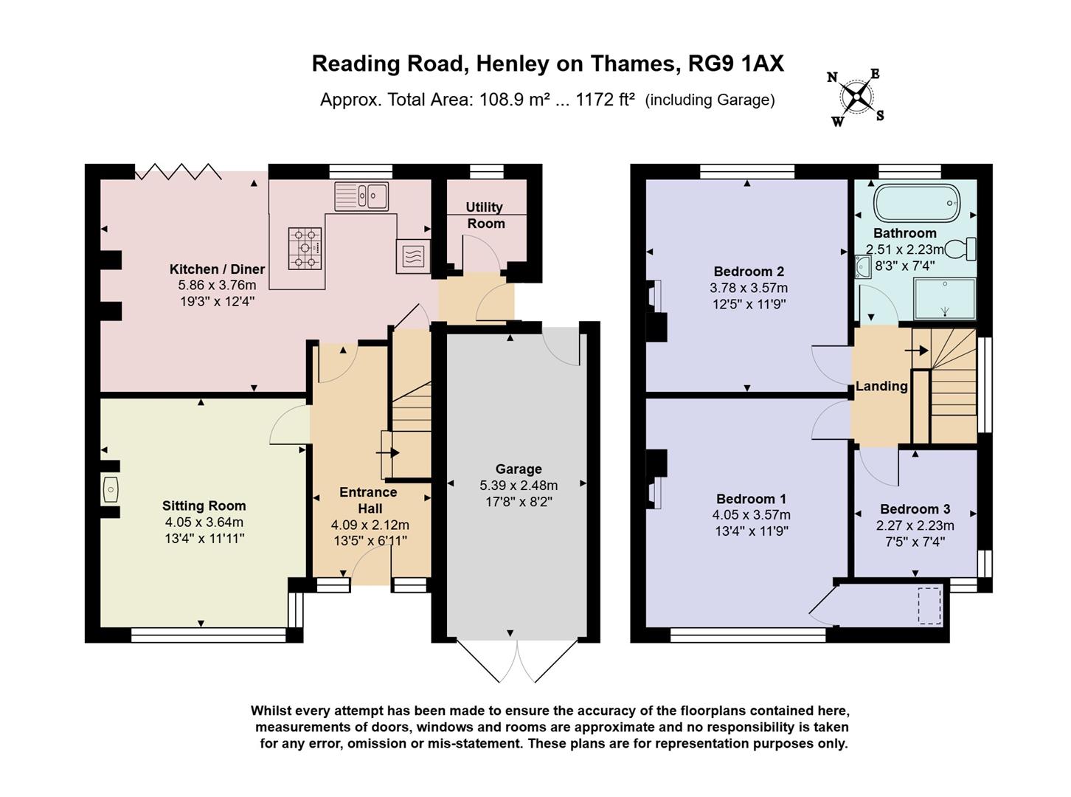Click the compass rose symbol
[856, 97]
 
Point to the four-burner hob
[305, 247]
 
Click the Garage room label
[519, 469]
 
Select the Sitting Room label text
[204, 506]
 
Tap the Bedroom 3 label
[915, 509]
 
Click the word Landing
[881, 386]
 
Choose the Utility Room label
[485, 215]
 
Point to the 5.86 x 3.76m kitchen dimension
[217, 285]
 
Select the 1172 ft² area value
[605, 100]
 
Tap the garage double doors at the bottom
[518, 661]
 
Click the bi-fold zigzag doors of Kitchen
[178, 172]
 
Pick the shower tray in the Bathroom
[944, 299]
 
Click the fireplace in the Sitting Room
[111, 489]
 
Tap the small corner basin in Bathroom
[864, 266]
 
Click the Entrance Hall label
[369, 500]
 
